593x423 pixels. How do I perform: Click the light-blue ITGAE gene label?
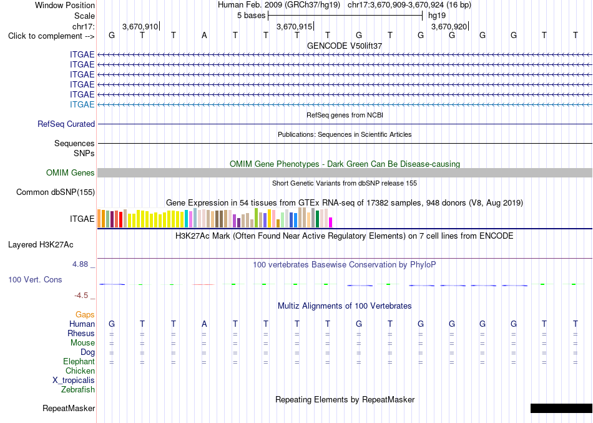tap(82, 104)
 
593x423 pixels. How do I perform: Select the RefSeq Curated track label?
tap(66, 124)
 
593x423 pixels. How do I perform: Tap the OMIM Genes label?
tap(71, 172)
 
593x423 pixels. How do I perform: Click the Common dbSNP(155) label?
tap(56, 192)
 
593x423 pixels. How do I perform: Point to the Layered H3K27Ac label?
tap(41, 245)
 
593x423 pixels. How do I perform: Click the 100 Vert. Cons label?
tap(35, 279)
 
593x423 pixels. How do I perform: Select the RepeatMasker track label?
tap(69, 408)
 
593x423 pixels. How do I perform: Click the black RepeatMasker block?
tap(562, 408)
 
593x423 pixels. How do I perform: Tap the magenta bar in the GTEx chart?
tap(331, 222)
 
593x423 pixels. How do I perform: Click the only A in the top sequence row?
tap(204, 36)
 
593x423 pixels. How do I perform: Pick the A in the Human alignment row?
tap(204, 324)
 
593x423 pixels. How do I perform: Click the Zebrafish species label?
tap(78, 389)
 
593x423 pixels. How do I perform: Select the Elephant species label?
tap(79, 361)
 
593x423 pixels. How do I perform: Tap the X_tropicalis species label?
tap(74, 381)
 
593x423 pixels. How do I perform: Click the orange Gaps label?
tap(85, 314)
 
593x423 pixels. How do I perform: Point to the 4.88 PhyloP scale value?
tap(80, 264)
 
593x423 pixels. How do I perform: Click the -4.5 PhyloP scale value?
tap(81, 296)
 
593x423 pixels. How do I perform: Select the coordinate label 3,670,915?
tap(294, 26)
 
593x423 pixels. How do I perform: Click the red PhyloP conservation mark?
tap(203, 284)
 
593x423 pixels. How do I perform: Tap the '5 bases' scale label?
tap(251, 16)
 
